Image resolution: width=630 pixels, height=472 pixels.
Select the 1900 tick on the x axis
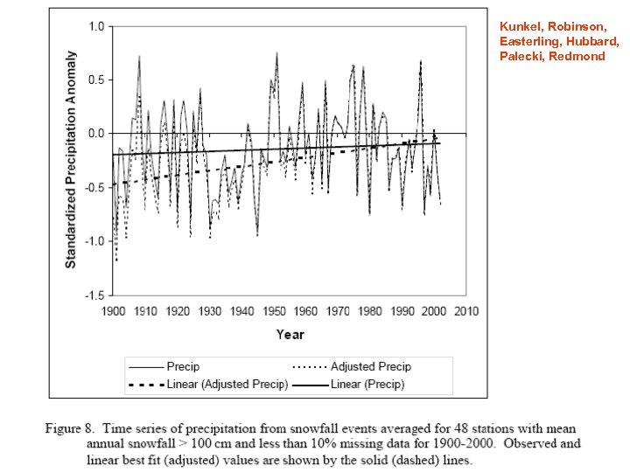[x=114, y=312]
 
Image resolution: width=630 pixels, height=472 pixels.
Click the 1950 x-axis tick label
[x=274, y=312]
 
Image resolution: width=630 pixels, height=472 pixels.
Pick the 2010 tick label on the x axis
[x=465, y=312]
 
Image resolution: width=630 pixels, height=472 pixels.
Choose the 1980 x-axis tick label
[x=370, y=312]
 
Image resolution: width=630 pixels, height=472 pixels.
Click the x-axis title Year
[x=290, y=334]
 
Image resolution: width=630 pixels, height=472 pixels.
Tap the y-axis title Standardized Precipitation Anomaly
[x=71, y=159]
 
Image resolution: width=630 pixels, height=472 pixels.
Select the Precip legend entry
[x=184, y=366]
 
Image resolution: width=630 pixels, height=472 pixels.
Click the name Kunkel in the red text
[x=517, y=26]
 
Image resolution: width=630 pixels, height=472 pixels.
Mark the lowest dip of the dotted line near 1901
[x=116, y=260]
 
